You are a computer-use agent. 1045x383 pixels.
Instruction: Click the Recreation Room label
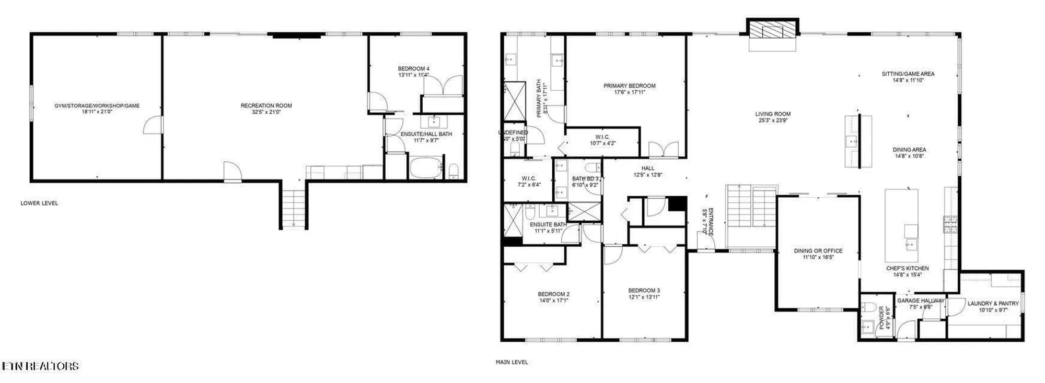(x=266, y=105)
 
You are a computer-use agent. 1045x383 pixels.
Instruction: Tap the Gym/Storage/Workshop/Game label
(x=97, y=105)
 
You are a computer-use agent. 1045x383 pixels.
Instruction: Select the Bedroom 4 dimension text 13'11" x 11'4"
(x=413, y=75)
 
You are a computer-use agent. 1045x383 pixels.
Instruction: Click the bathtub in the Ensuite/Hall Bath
(x=426, y=168)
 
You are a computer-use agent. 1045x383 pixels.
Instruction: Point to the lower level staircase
(x=294, y=208)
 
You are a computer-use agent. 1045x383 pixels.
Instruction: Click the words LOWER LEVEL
(x=39, y=203)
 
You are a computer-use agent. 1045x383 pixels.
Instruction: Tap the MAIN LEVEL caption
(x=512, y=362)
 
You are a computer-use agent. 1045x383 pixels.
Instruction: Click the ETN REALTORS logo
(x=40, y=366)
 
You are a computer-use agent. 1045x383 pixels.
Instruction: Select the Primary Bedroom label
(x=629, y=86)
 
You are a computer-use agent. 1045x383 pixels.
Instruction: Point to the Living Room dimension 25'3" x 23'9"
(x=773, y=121)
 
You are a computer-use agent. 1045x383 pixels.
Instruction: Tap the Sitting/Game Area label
(x=908, y=74)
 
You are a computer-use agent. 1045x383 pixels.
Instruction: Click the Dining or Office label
(x=818, y=250)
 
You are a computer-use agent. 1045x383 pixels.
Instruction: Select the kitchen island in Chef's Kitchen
(x=901, y=225)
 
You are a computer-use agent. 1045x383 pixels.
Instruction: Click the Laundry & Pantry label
(x=993, y=303)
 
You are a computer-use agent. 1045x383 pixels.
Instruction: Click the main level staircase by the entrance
(x=751, y=213)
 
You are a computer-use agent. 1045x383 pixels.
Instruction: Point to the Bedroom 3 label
(x=644, y=290)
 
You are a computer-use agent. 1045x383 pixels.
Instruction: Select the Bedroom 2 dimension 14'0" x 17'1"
(x=554, y=301)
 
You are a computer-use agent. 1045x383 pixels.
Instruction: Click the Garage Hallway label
(x=921, y=301)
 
